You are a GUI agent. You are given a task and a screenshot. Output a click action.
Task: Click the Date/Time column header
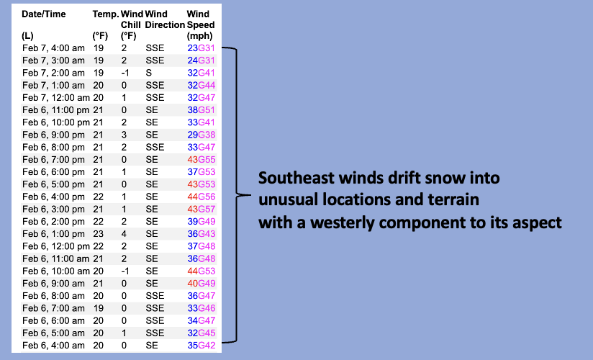[43, 14]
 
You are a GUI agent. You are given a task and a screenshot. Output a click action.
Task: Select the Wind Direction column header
[165, 19]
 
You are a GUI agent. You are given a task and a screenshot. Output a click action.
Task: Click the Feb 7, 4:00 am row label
[53, 48]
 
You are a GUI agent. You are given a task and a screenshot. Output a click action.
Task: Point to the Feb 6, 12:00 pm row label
[56, 246]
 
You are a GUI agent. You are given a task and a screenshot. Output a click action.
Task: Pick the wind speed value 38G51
[202, 109]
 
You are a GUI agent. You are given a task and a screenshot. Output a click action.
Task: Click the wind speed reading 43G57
[202, 209]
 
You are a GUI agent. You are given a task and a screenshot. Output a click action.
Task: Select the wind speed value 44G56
[202, 197]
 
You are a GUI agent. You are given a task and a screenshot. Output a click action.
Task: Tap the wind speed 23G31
[202, 48]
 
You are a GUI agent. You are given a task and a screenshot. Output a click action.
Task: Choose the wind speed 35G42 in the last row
[202, 345]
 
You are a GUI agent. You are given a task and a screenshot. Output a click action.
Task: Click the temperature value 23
[99, 233]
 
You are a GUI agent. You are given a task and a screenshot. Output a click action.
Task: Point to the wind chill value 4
[124, 233]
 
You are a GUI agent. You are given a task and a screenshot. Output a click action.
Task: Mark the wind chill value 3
[124, 135]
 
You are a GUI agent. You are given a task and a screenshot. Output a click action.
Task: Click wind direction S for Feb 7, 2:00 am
[149, 73]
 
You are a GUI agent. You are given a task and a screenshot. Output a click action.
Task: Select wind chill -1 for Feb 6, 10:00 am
[125, 271]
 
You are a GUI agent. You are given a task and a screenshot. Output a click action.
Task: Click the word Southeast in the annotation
[296, 178]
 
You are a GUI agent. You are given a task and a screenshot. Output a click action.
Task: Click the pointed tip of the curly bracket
[250, 195]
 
